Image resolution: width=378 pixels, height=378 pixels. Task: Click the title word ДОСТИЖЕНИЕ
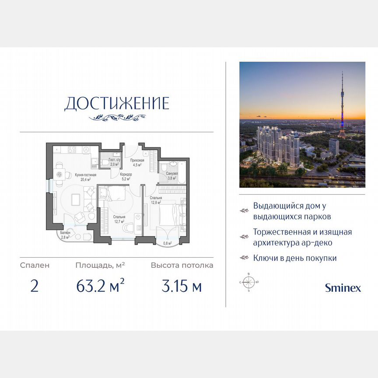[x=116, y=104]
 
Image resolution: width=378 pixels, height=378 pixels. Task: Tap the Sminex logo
[x=343, y=287]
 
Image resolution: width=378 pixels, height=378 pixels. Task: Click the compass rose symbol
[x=249, y=282]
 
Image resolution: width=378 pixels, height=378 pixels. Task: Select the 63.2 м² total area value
[x=100, y=287]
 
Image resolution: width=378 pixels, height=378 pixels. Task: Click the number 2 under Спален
[x=35, y=287]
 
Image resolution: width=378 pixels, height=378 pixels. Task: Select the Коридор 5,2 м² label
[x=126, y=177]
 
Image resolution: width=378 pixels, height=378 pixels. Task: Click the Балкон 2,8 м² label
[x=65, y=234]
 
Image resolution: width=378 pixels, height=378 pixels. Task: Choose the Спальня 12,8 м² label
[x=156, y=200]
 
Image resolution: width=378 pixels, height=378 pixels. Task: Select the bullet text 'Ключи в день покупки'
[x=295, y=258]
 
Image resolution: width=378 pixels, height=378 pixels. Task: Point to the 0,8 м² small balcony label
[x=167, y=243]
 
